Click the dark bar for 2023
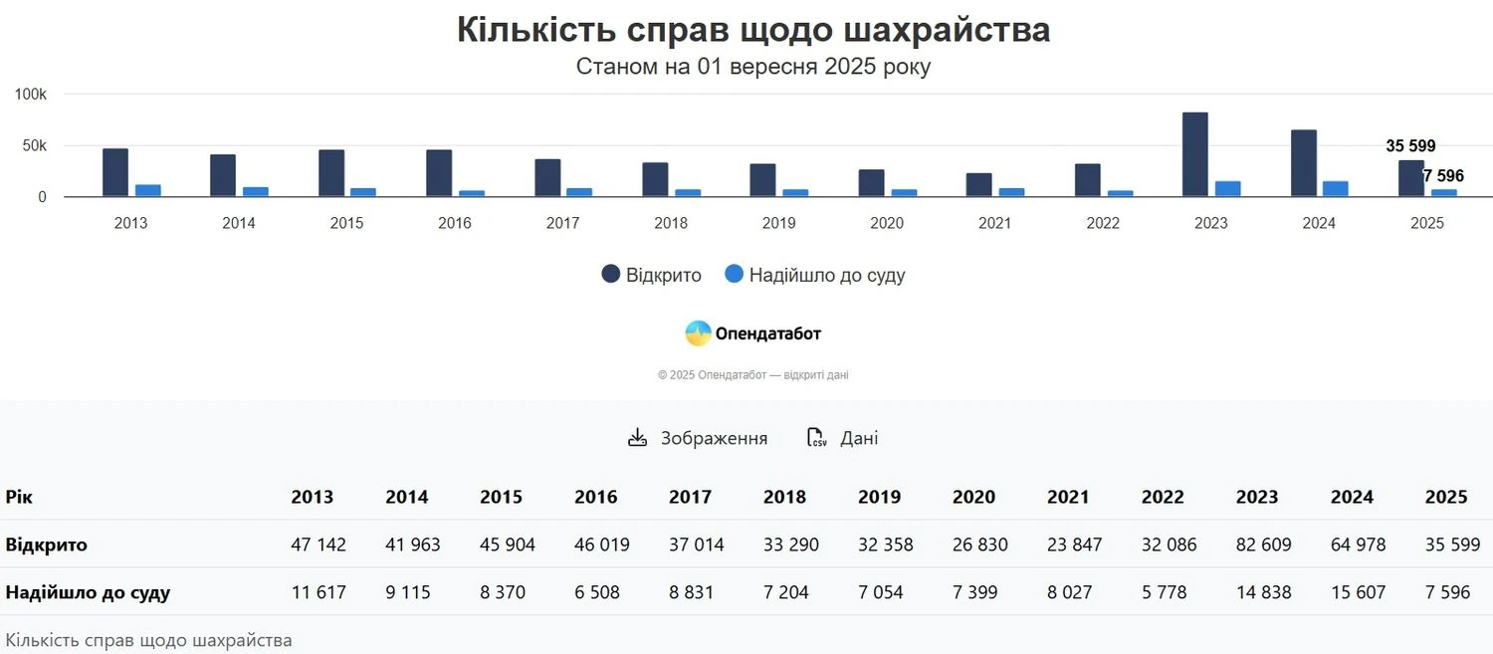[x=1194, y=154]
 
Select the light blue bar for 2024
[x=1335, y=189]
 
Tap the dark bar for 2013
[x=115, y=172]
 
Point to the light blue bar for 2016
[x=472, y=193]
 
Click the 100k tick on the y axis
[x=31, y=95]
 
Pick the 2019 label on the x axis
[x=778, y=223]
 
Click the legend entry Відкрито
[x=652, y=275]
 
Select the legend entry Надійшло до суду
[x=814, y=275]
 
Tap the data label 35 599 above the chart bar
[x=1410, y=146]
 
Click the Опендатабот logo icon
[x=698, y=333]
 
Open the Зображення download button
[x=698, y=438]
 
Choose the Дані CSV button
[x=842, y=438]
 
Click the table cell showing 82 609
[x=1263, y=545]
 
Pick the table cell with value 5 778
[x=1169, y=592]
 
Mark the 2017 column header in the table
[x=690, y=497]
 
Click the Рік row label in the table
[x=19, y=497]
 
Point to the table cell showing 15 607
[x=1358, y=592]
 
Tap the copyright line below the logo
[x=752, y=375]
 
